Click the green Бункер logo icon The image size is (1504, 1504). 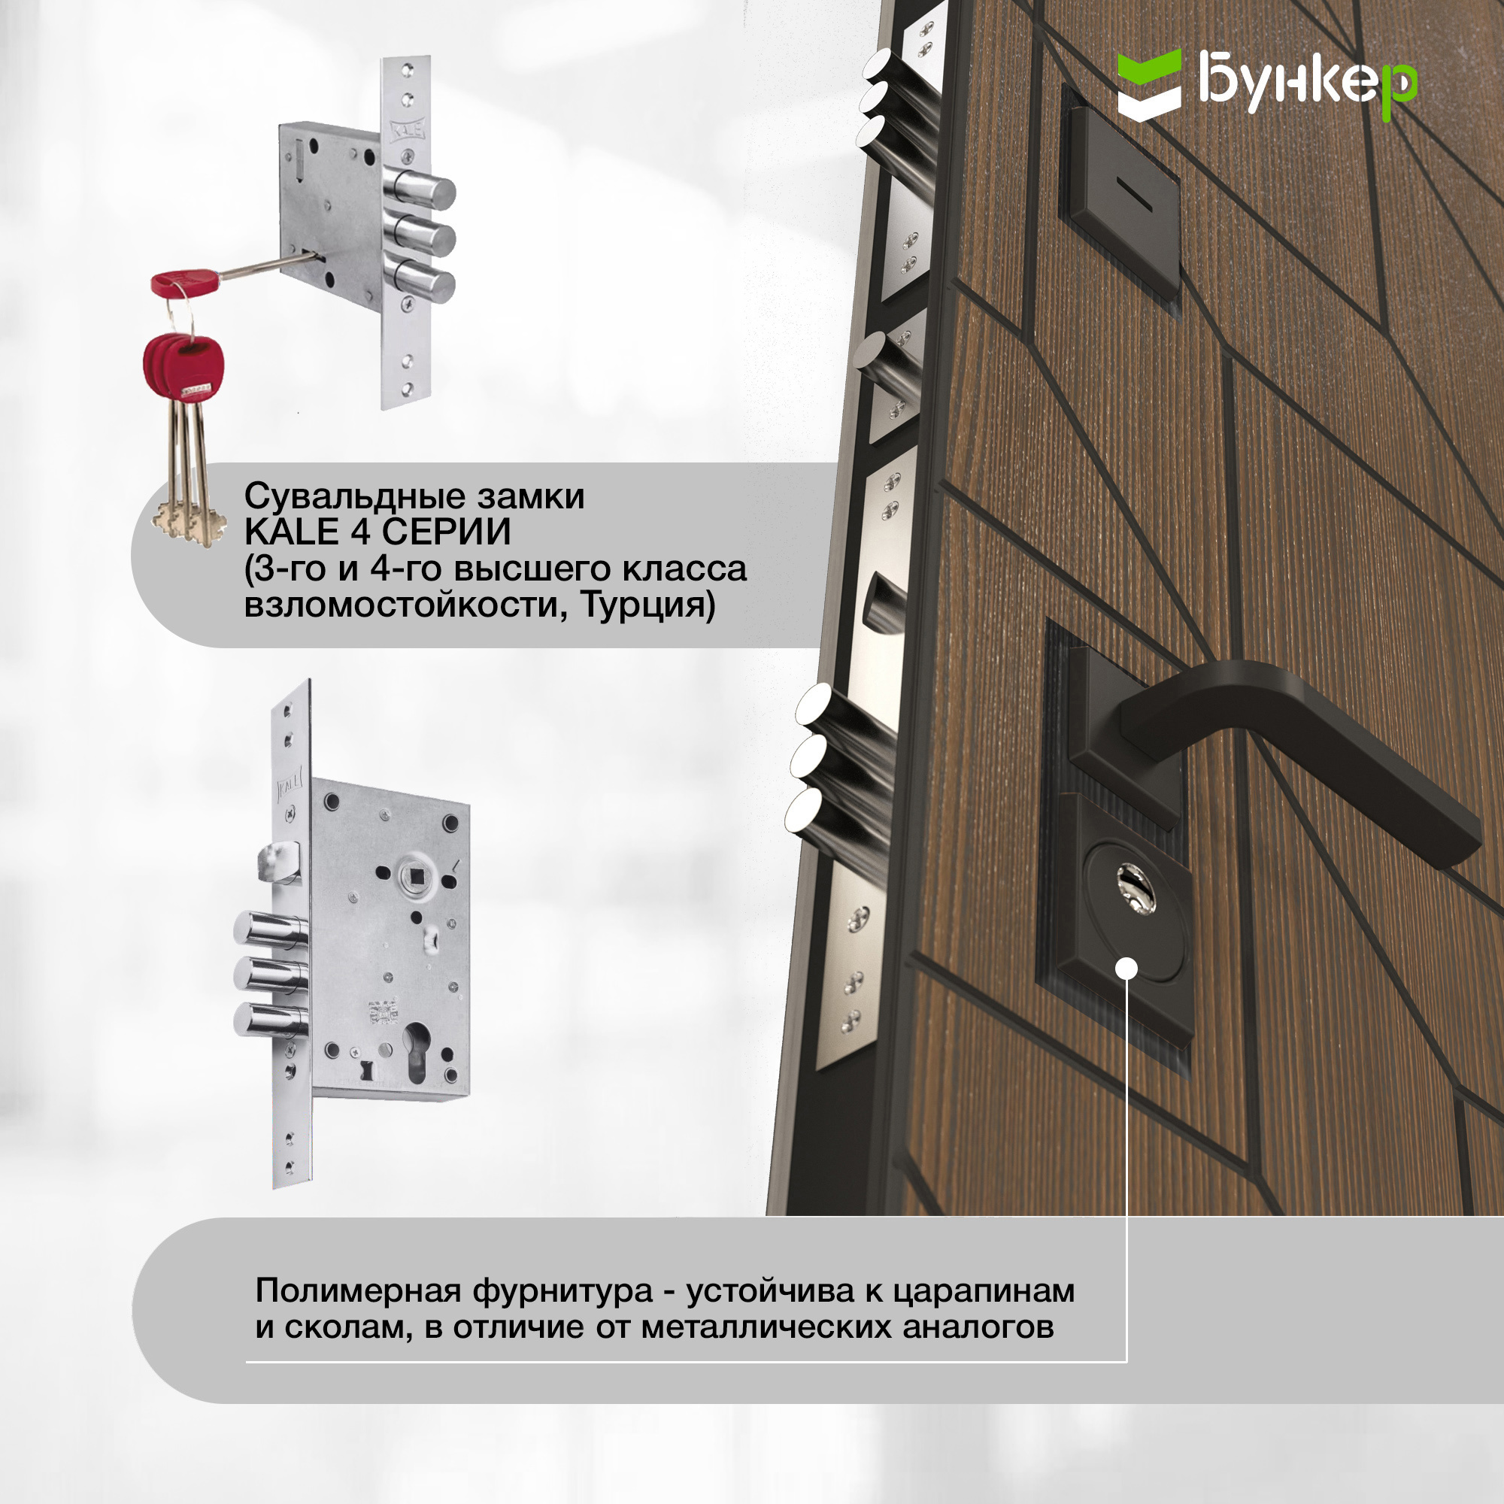[x=1149, y=85]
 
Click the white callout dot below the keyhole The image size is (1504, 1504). [x=1126, y=969]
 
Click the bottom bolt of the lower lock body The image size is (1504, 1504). [x=269, y=1020]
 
